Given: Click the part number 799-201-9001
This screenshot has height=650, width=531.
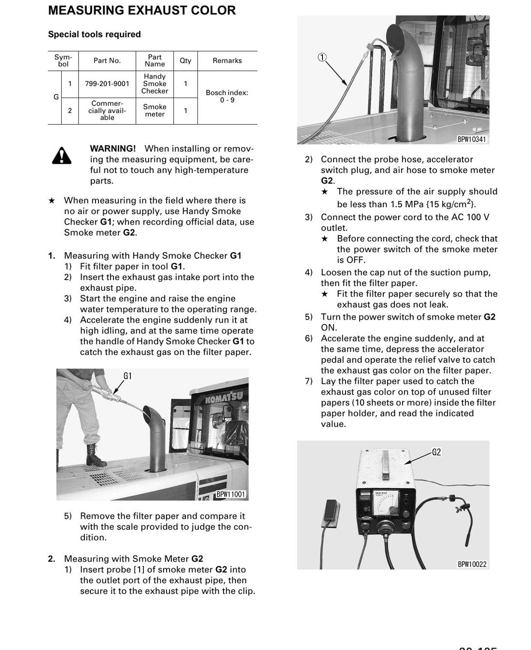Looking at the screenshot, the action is (x=107, y=84).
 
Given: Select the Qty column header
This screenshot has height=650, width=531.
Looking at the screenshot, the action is (x=185, y=61).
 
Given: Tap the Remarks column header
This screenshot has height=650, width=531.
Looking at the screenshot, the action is (x=227, y=61).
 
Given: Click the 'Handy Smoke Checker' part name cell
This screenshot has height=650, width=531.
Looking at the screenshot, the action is (x=154, y=84).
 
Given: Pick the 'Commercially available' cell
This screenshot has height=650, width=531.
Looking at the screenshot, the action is (x=107, y=110).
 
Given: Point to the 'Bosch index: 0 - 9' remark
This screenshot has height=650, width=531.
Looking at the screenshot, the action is (x=227, y=96).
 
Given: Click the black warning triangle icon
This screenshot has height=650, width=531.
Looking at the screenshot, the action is (x=62, y=155).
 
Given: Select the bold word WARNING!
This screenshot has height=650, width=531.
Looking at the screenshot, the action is (x=113, y=149).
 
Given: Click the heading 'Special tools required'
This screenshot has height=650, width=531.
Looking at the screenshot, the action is (x=94, y=34).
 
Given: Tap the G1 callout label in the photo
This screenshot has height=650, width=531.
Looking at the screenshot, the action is (x=127, y=376).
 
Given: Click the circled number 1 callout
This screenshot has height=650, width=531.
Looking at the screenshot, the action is (x=322, y=57).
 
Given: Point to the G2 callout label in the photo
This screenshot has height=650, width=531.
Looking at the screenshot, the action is (x=436, y=452).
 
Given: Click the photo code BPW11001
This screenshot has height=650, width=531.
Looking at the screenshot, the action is (x=231, y=495).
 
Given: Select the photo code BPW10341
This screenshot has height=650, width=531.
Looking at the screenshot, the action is (x=472, y=139).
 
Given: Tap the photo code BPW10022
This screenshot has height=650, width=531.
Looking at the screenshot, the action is (x=472, y=565).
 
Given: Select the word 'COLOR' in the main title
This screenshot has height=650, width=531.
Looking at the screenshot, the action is (x=213, y=11).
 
